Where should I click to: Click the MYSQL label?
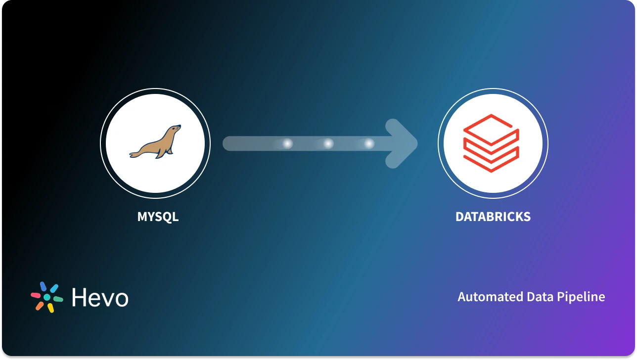click(158, 217)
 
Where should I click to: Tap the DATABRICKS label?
click(493, 217)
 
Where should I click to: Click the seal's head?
click(175, 131)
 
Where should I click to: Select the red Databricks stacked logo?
click(491, 143)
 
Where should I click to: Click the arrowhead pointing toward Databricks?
click(403, 143)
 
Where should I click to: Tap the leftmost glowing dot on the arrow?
click(287, 144)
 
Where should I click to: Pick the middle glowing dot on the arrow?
click(328, 144)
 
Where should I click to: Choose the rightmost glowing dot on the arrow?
click(369, 144)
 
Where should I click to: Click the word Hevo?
click(100, 298)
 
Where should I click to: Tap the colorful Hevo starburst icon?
click(46, 297)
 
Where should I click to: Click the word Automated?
click(489, 297)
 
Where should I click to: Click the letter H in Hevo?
click(79, 297)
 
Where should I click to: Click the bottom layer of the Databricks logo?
click(491, 161)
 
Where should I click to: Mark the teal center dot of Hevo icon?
click(47, 297)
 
